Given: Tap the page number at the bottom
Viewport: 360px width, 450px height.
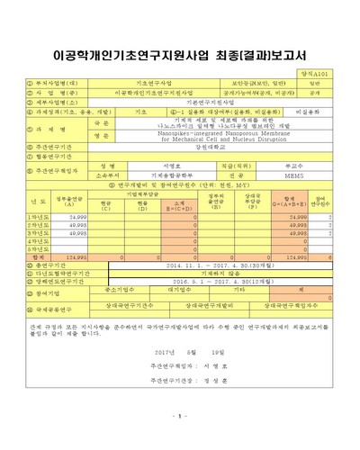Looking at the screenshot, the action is point(180,417).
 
